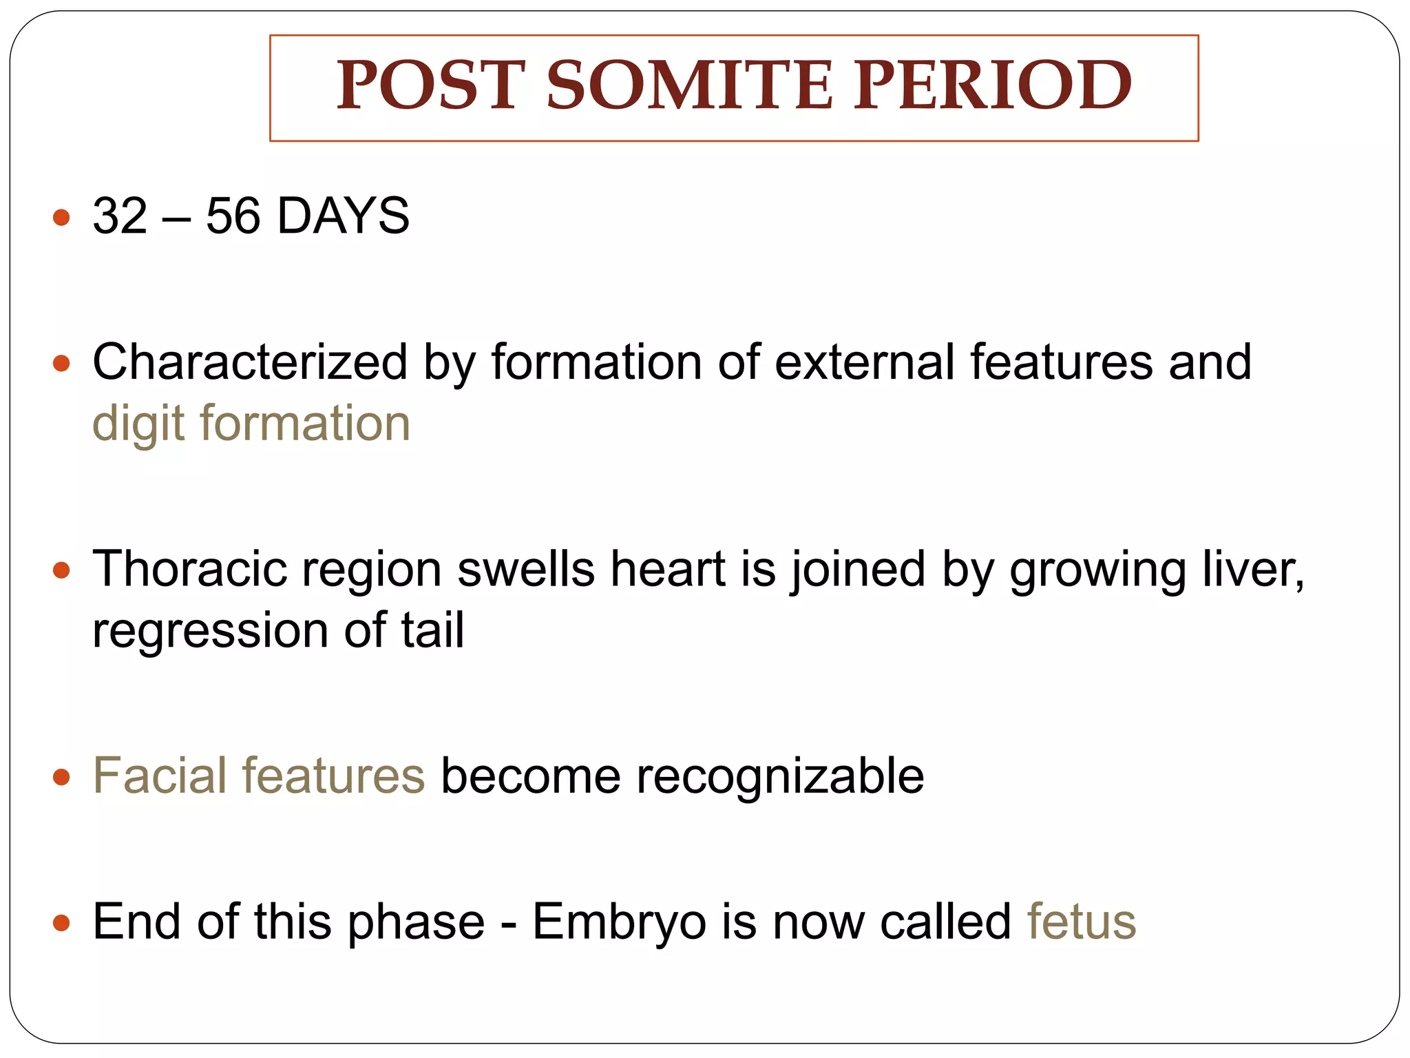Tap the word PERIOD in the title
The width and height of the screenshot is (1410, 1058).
tap(992, 85)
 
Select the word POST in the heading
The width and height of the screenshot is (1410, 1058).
tap(431, 85)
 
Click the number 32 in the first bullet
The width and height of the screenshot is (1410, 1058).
tap(120, 216)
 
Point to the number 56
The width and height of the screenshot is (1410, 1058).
tap(233, 216)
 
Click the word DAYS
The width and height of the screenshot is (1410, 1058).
tap(343, 216)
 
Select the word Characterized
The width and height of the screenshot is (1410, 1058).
tap(250, 362)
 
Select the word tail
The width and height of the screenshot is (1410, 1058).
tap(432, 630)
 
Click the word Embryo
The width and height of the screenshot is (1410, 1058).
tap(619, 923)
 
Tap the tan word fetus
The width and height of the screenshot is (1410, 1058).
tap(1081, 922)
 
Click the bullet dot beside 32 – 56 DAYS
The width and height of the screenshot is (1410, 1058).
tap(62, 218)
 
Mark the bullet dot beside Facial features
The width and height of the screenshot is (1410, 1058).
tap(62, 778)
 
